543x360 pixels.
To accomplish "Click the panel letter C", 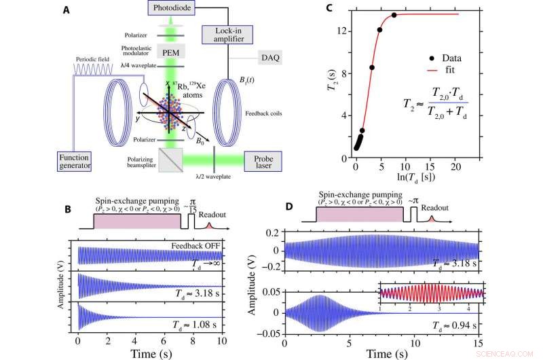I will pyautogui.click(x=310, y=10).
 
